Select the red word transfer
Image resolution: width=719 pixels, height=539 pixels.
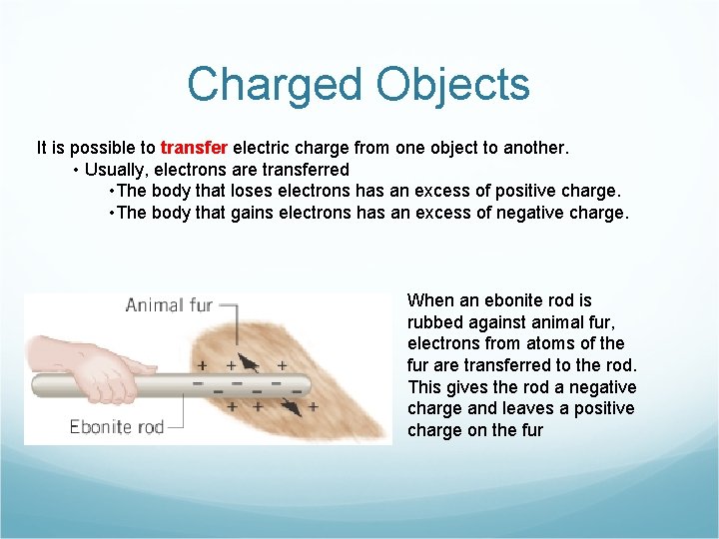coord(194,148)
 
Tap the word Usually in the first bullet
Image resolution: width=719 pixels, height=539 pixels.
coord(117,170)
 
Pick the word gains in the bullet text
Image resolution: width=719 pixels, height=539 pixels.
coord(263,212)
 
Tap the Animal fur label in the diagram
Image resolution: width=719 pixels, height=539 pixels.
coord(169,305)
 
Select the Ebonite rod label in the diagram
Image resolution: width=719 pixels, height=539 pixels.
coord(116,427)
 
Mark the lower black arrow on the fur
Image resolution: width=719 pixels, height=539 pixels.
coord(293,405)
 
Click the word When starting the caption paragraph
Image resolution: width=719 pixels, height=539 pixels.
coord(430,300)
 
